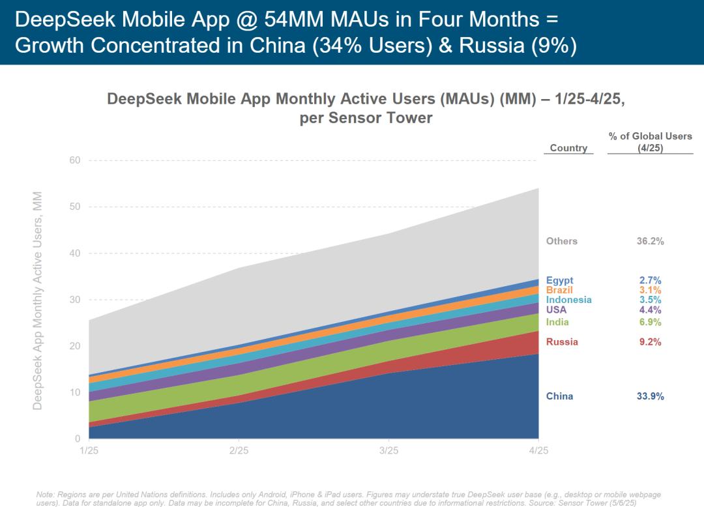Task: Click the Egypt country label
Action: point(559,281)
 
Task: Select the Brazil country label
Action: point(559,290)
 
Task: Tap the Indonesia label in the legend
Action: point(568,300)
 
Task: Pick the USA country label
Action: point(556,310)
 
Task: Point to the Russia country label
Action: point(562,342)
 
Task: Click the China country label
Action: point(559,396)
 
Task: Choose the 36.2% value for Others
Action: point(650,241)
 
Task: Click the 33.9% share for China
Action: point(650,396)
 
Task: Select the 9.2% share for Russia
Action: point(650,342)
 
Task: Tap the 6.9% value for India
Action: point(650,322)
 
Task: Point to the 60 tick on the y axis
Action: point(75,161)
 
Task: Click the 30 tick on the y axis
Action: point(75,300)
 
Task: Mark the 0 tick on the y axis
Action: point(78,439)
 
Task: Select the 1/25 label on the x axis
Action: point(89,451)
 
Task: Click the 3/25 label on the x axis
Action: point(389,451)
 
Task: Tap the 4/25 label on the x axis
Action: point(538,451)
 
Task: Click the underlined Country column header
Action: point(568,148)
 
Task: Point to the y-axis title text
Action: point(38,300)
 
